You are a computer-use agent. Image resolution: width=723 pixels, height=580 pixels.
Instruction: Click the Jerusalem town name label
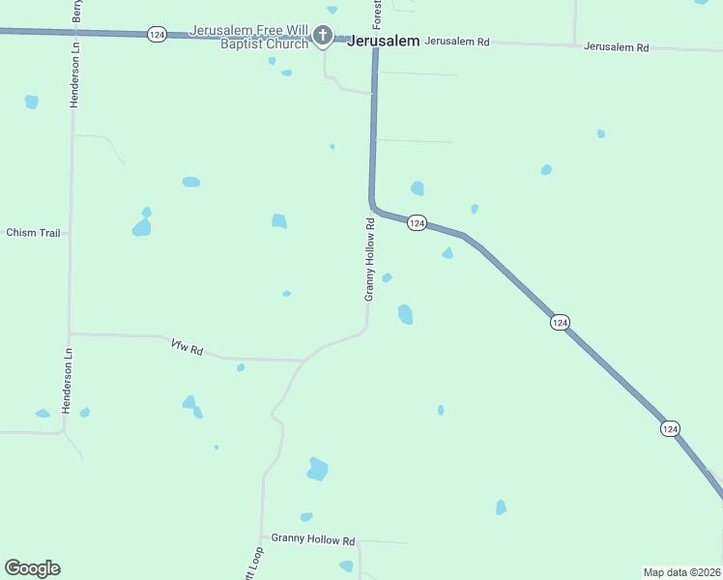click(x=383, y=42)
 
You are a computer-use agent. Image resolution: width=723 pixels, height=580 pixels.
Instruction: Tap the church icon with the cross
click(x=323, y=38)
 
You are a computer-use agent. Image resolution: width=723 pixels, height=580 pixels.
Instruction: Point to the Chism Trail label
click(x=33, y=233)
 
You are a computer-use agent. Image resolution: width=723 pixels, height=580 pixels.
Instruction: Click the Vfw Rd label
click(x=187, y=348)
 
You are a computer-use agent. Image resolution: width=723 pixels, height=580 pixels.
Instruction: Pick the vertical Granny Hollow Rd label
click(x=369, y=259)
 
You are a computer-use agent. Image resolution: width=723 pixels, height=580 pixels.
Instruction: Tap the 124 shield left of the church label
click(x=157, y=34)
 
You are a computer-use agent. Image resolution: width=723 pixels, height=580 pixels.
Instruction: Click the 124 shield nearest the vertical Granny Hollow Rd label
click(x=417, y=222)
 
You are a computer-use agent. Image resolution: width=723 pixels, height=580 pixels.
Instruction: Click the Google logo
click(x=32, y=568)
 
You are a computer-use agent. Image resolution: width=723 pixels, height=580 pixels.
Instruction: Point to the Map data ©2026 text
click(x=681, y=572)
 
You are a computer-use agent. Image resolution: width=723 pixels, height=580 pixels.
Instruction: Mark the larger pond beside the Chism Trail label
click(x=142, y=228)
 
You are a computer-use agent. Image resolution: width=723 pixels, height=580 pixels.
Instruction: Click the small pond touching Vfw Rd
click(x=241, y=367)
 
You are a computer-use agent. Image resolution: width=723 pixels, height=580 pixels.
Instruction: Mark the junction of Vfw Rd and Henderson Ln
click(x=70, y=334)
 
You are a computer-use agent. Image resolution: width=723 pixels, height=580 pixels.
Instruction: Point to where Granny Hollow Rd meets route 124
click(x=371, y=204)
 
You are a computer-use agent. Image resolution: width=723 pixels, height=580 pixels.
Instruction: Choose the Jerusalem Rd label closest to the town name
click(x=457, y=42)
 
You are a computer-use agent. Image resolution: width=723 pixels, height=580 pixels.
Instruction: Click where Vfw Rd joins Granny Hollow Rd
click(x=304, y=360)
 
